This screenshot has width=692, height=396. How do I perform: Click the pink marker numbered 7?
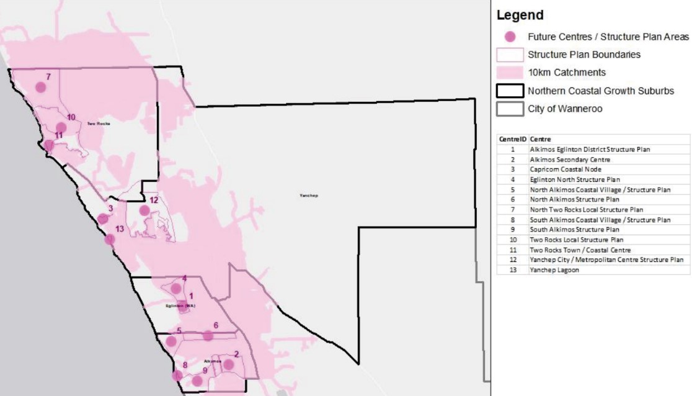40,87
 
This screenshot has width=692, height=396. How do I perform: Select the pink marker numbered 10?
61,128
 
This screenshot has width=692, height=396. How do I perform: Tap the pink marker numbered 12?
144,210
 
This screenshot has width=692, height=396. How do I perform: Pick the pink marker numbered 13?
110,239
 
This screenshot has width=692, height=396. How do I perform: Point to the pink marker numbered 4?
176,289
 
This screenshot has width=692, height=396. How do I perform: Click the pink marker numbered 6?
208,336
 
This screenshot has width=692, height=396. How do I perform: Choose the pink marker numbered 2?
228,364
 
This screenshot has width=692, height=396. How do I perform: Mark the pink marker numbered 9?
197,380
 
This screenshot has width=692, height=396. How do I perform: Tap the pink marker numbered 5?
171,341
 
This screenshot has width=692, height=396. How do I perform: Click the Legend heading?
520,15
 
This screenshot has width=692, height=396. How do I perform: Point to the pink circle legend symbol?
510,37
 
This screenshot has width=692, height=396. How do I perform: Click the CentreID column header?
513,140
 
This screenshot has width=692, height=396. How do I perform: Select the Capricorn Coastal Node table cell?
565,169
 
